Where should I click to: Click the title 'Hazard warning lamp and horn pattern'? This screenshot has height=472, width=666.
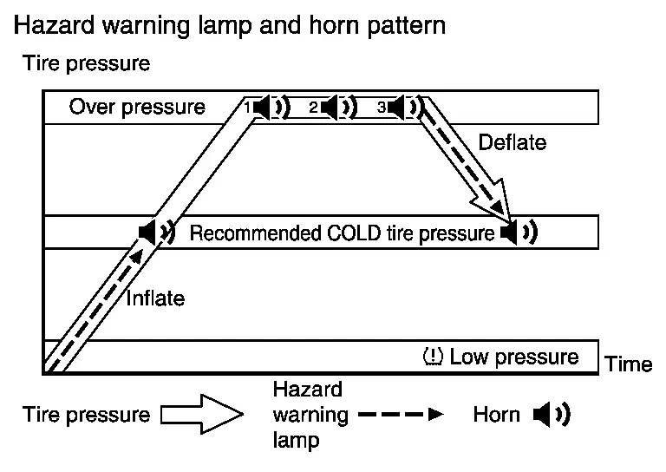[230, 25]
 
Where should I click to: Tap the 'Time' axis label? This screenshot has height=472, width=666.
[629, 364]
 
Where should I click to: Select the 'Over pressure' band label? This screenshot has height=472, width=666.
[137, 108]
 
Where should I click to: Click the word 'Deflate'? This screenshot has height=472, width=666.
[513, 142]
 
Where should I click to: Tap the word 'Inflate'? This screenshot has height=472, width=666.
[155, 298]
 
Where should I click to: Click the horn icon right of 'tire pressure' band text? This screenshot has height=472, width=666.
[518, 232]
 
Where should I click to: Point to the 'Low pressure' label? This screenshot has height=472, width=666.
[514, 357]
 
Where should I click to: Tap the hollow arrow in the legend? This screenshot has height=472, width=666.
[200, 415]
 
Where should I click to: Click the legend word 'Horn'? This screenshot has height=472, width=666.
[496, 415]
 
